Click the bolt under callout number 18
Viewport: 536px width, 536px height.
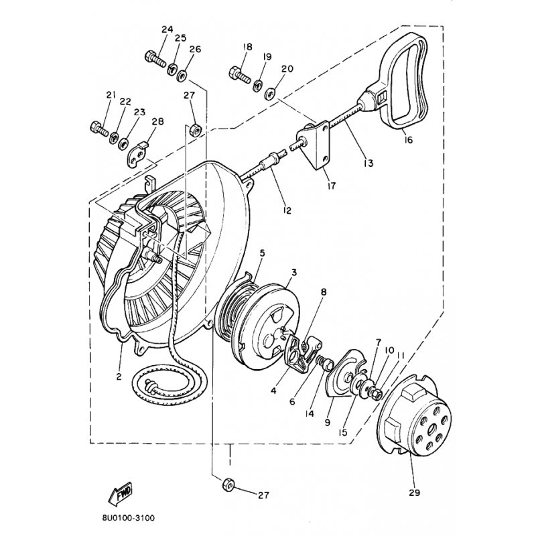click(x=241, y=74)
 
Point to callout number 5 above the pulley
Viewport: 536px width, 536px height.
click(x=262, y=253)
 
